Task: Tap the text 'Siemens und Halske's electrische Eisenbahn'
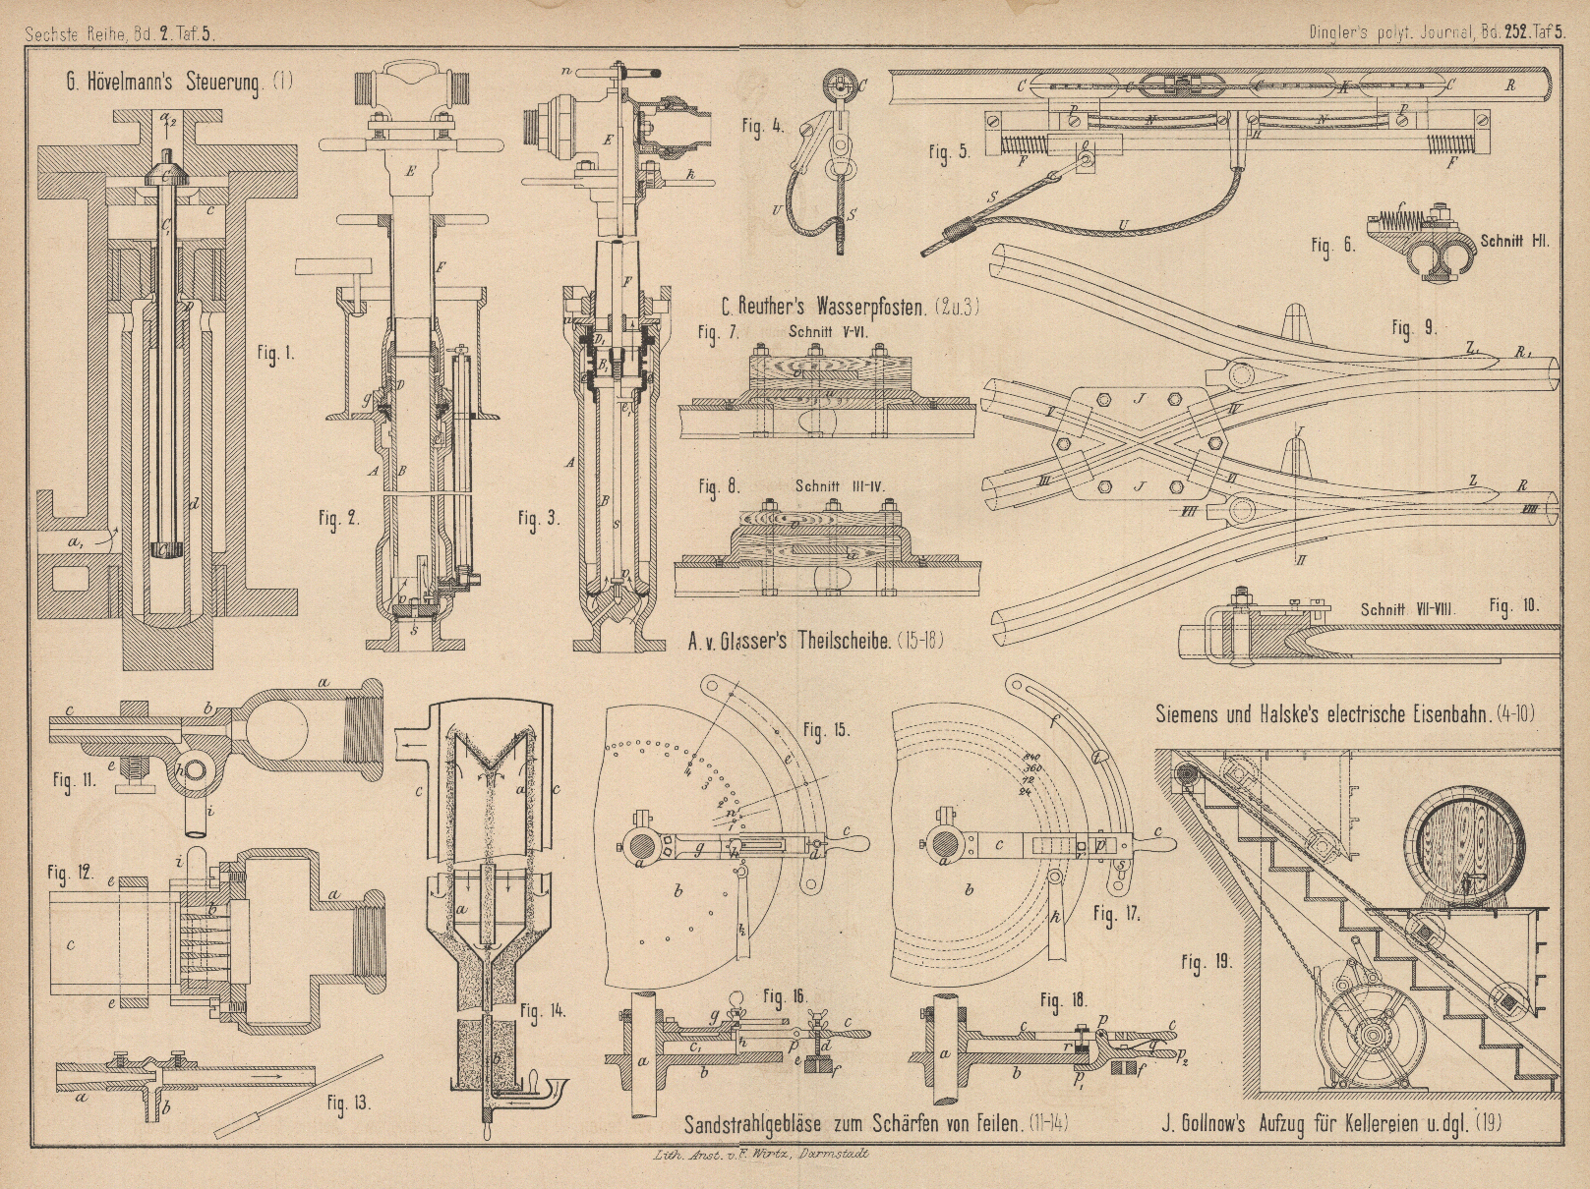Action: (x=1344, y=715)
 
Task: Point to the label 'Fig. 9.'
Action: (x=1413, y=328)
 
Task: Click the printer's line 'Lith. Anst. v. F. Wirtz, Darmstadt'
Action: (x=748, y=1156)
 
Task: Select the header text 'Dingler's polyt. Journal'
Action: (x=1379, y=30)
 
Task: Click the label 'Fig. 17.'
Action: (x=1116, y=914)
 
